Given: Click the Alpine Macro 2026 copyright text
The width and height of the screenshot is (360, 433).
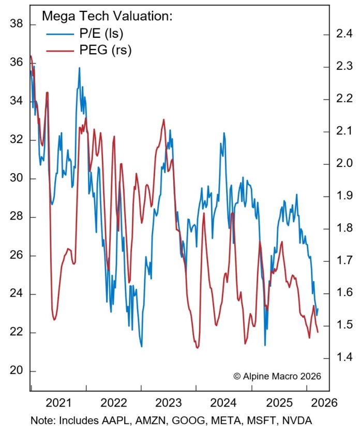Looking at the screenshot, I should [277, 376].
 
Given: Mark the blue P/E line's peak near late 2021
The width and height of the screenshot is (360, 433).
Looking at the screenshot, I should [80, 68].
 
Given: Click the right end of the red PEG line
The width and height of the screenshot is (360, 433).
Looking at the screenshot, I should [318, 332].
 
